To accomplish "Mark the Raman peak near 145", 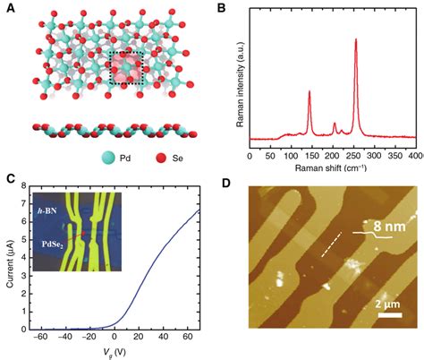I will (310, 91).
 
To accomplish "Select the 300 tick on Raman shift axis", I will (374, 153).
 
